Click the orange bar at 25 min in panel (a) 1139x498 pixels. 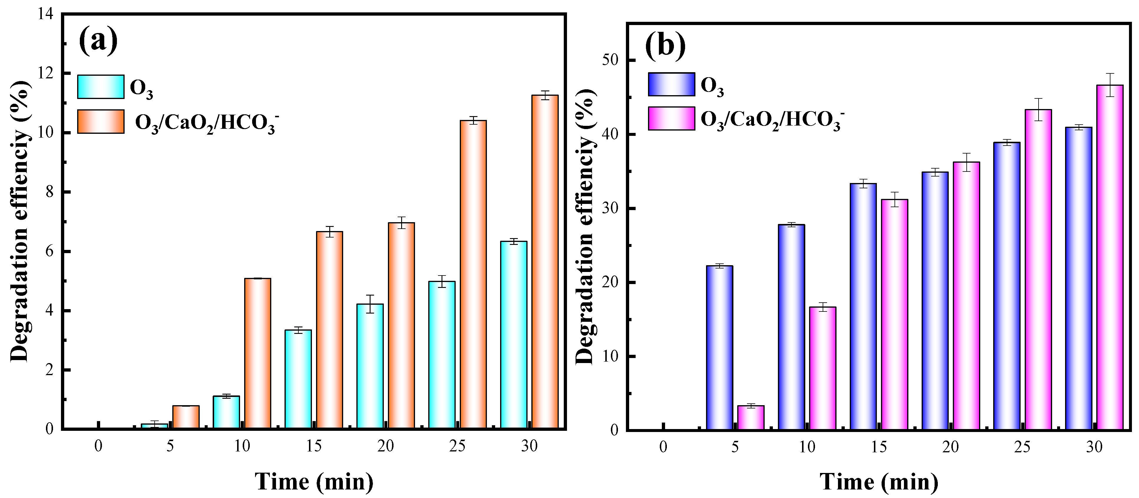tap(473, 274)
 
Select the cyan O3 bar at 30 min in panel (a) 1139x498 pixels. tap(513, 335)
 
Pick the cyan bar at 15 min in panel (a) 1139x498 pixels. tap(298, 379)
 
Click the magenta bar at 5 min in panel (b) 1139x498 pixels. tap(750, 418)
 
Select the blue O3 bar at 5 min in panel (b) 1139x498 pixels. tap(719, 348)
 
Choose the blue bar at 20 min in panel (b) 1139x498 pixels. tap(935, 301)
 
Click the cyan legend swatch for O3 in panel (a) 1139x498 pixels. tap(101, 87)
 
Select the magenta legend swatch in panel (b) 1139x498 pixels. tap(671, 118)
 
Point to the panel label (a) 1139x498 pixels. tap(98, 41)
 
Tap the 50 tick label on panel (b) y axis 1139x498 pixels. tap(610, 60)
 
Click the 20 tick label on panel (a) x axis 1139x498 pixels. tap(386, 446)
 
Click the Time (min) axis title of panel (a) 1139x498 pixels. tap(314, 481)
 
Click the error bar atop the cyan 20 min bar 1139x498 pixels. tap(370, 304)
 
